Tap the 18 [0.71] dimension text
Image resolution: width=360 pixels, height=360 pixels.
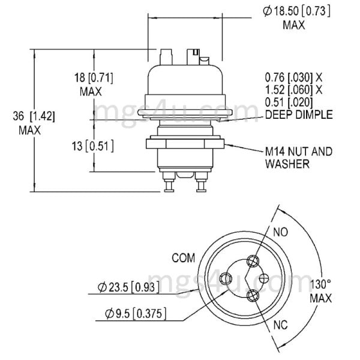(x=92, y=78)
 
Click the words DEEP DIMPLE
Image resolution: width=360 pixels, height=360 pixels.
(x=298, y=114)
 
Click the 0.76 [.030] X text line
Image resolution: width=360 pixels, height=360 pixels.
(x=294, y=77)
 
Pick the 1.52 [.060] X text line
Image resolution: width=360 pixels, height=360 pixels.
(x=294, y=90)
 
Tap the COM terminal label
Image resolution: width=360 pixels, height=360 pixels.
(x=184, y=259)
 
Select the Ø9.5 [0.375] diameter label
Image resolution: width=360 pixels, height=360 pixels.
(x=135, y=313)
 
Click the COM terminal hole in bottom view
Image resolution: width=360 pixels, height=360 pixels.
(x=226, y=277)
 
